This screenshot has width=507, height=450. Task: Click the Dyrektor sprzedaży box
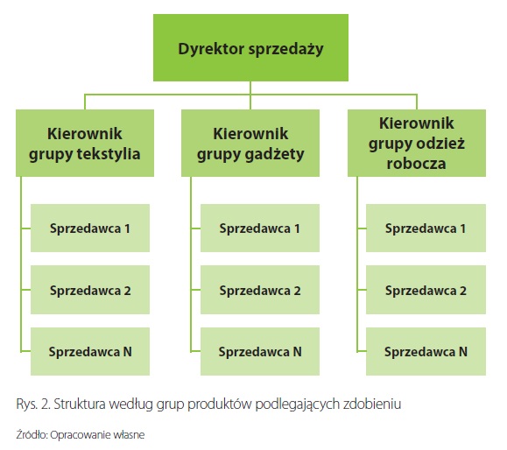250,47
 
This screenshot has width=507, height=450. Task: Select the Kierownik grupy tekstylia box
85,143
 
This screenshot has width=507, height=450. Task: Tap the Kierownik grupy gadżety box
250,143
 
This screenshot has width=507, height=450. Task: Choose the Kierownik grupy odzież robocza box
417,143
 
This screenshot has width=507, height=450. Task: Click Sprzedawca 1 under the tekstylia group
90,228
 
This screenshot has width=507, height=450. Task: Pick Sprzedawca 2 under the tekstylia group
90,290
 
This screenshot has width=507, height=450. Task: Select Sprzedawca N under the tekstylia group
90,351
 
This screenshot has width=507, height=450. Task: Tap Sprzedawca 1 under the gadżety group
260,228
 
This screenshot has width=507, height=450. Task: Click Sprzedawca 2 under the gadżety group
260,290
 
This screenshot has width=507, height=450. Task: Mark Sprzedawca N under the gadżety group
260,351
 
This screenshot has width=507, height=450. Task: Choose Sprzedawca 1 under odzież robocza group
426,228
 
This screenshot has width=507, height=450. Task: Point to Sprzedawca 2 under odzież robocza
426,290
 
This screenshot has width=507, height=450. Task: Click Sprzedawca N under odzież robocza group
426,351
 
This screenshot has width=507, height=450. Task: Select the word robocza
416,163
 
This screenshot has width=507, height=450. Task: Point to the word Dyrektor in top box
211,49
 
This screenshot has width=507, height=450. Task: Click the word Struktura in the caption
80,404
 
